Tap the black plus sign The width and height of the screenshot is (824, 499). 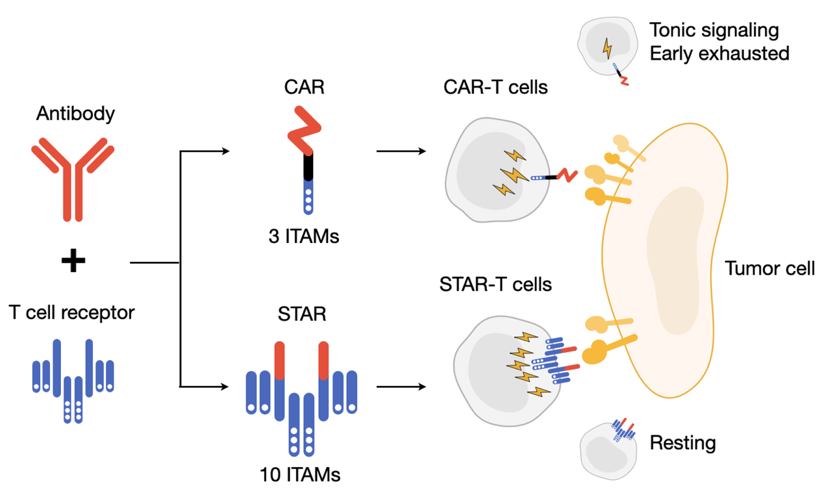pos(73,261)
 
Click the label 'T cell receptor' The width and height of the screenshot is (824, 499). pos(71,313)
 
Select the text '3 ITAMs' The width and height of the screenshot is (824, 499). pos(303,237)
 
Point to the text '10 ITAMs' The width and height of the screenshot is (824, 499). pos(300,475)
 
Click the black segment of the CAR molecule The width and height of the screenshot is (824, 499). pos(308,166)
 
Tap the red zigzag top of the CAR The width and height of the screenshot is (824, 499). pos(304,130)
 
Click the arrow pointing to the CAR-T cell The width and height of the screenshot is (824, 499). pos(401,151)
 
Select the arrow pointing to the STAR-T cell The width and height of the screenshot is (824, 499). pos(401,387)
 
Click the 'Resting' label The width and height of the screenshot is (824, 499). pos(682,443)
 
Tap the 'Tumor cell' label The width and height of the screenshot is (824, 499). pos(769,268)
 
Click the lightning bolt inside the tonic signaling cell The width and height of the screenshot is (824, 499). pos(607,48)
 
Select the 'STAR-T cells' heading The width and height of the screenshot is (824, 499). pos(495,285)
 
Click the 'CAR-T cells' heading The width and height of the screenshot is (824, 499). pos(495,88)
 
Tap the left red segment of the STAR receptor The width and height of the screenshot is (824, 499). pos(280,360)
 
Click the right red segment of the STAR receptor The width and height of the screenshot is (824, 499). pos(323,360)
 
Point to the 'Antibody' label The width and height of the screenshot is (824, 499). pos(75,114)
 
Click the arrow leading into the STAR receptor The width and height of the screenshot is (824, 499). pos(204,387)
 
